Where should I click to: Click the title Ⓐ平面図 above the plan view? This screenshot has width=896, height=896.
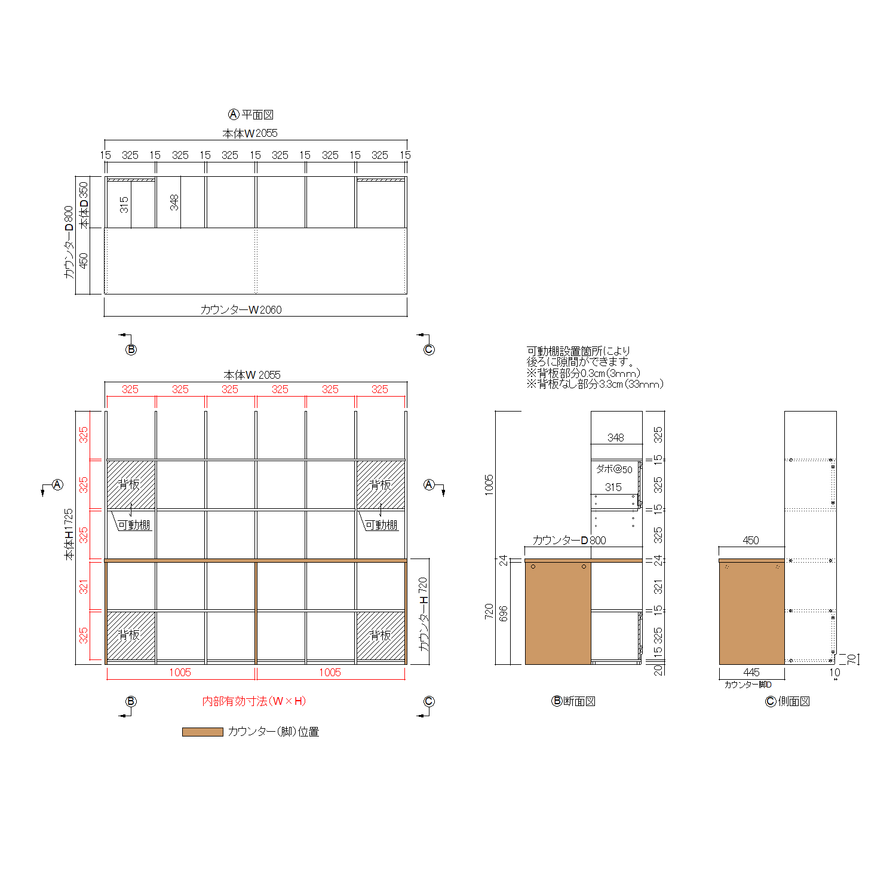tap(251, 114)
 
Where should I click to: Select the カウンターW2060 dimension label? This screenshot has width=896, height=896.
tap(241, 309)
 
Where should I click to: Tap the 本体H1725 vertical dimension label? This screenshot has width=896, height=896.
tap(69, 535)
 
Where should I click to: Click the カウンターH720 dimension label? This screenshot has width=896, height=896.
tap(424, 614)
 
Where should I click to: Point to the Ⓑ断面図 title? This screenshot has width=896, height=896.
tap(573, 701)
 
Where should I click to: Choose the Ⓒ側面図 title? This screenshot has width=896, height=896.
tap(787, 701)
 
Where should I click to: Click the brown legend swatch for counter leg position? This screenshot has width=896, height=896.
tap(202, 732)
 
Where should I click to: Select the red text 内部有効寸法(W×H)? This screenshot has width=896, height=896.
tap(254, 701)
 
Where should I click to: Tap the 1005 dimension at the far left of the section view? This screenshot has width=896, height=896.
tap(489, 484)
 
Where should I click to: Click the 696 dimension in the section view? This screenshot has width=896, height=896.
tap(504, 613)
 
